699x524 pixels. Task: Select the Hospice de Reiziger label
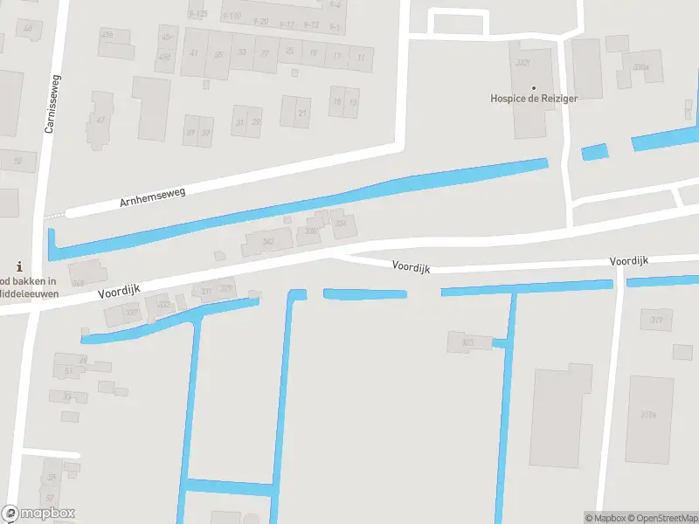[534, 99]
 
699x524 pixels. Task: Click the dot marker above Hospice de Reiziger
[534, 87]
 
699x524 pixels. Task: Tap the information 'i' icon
[19, 266]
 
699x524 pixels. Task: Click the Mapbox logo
[38, 514]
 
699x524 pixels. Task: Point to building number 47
[101, 121]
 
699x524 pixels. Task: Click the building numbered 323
[467, 342]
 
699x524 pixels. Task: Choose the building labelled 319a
[648, 414]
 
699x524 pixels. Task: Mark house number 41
[194, 53]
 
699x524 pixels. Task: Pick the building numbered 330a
[641, 66]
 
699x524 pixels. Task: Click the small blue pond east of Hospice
[594, 151]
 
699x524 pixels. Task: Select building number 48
[28, 29]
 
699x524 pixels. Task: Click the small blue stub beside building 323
[499, 343]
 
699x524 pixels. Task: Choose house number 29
[256, 121]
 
